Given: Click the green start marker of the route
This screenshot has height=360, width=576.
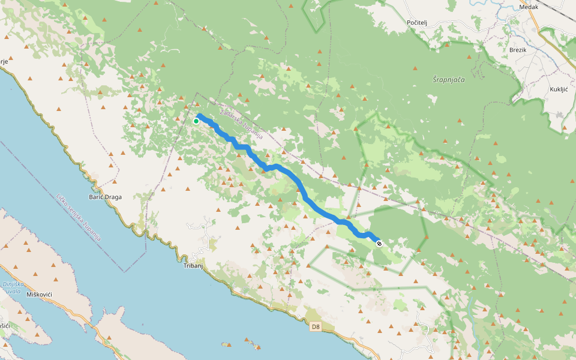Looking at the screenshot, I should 196,121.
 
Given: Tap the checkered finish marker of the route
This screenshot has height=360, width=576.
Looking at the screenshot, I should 379,244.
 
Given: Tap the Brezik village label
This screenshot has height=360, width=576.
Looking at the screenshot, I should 517,50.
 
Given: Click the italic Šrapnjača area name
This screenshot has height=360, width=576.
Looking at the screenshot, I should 448,79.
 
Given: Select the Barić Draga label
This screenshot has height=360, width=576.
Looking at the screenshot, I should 106,197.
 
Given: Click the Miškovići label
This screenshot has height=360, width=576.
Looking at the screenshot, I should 41,295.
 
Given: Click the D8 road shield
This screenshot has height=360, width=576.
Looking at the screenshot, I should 316,327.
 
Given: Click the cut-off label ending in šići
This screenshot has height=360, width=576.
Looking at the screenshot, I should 4,325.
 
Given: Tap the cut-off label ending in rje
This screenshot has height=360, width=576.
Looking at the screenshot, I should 4,61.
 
